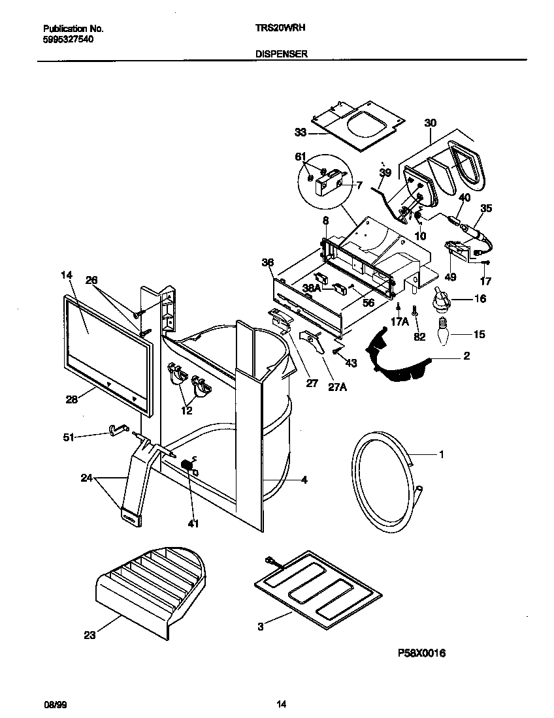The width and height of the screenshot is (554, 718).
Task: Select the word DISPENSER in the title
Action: [x=281, y=55]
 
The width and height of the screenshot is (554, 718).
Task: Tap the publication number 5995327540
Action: [x=68, y=39]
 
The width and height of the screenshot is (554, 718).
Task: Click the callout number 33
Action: [x=301, y=132]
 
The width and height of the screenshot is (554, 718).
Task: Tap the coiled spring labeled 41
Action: [x=187, y=466]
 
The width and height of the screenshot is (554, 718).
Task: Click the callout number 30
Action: [x=431, y=123]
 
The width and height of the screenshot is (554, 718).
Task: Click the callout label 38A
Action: [x=312, y=287]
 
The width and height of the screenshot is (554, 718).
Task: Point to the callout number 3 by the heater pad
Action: [x=261, y=627]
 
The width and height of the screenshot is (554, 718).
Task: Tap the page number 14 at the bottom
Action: [x=281, y=704]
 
